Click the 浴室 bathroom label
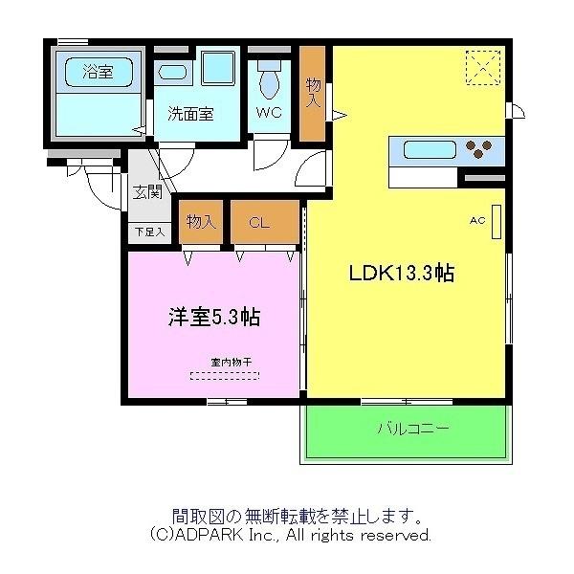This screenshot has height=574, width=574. tap(98, 72)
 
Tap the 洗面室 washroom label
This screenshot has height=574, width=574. tap(190, 114)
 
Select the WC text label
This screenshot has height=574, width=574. tap(269, 112)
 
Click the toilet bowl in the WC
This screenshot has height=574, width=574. tap(270, 84)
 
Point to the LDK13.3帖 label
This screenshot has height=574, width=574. tap(402, 273)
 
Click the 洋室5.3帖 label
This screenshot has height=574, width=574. tap(214, 317)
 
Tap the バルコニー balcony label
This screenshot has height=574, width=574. tap(413, 428)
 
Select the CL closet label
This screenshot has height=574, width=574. tap(259, 222)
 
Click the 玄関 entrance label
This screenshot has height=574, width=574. tap(147, 192)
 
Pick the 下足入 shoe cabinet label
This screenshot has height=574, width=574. tap(150, 232)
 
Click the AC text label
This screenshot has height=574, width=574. tap(477, 220)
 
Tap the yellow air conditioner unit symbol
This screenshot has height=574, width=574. tap(497, 222)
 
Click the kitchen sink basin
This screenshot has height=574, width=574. tap(430, 150)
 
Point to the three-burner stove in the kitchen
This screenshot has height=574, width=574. tap(478, 148)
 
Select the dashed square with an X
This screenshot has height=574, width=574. tap(483, 68)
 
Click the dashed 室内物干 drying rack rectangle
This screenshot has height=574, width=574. tap(225, 376)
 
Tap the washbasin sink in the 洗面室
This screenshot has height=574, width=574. tap(173, 73)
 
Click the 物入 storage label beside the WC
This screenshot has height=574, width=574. tap(313, 94)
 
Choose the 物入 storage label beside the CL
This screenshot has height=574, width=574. tap(201, 222)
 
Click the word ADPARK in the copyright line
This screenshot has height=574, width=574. tap(208, 535)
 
